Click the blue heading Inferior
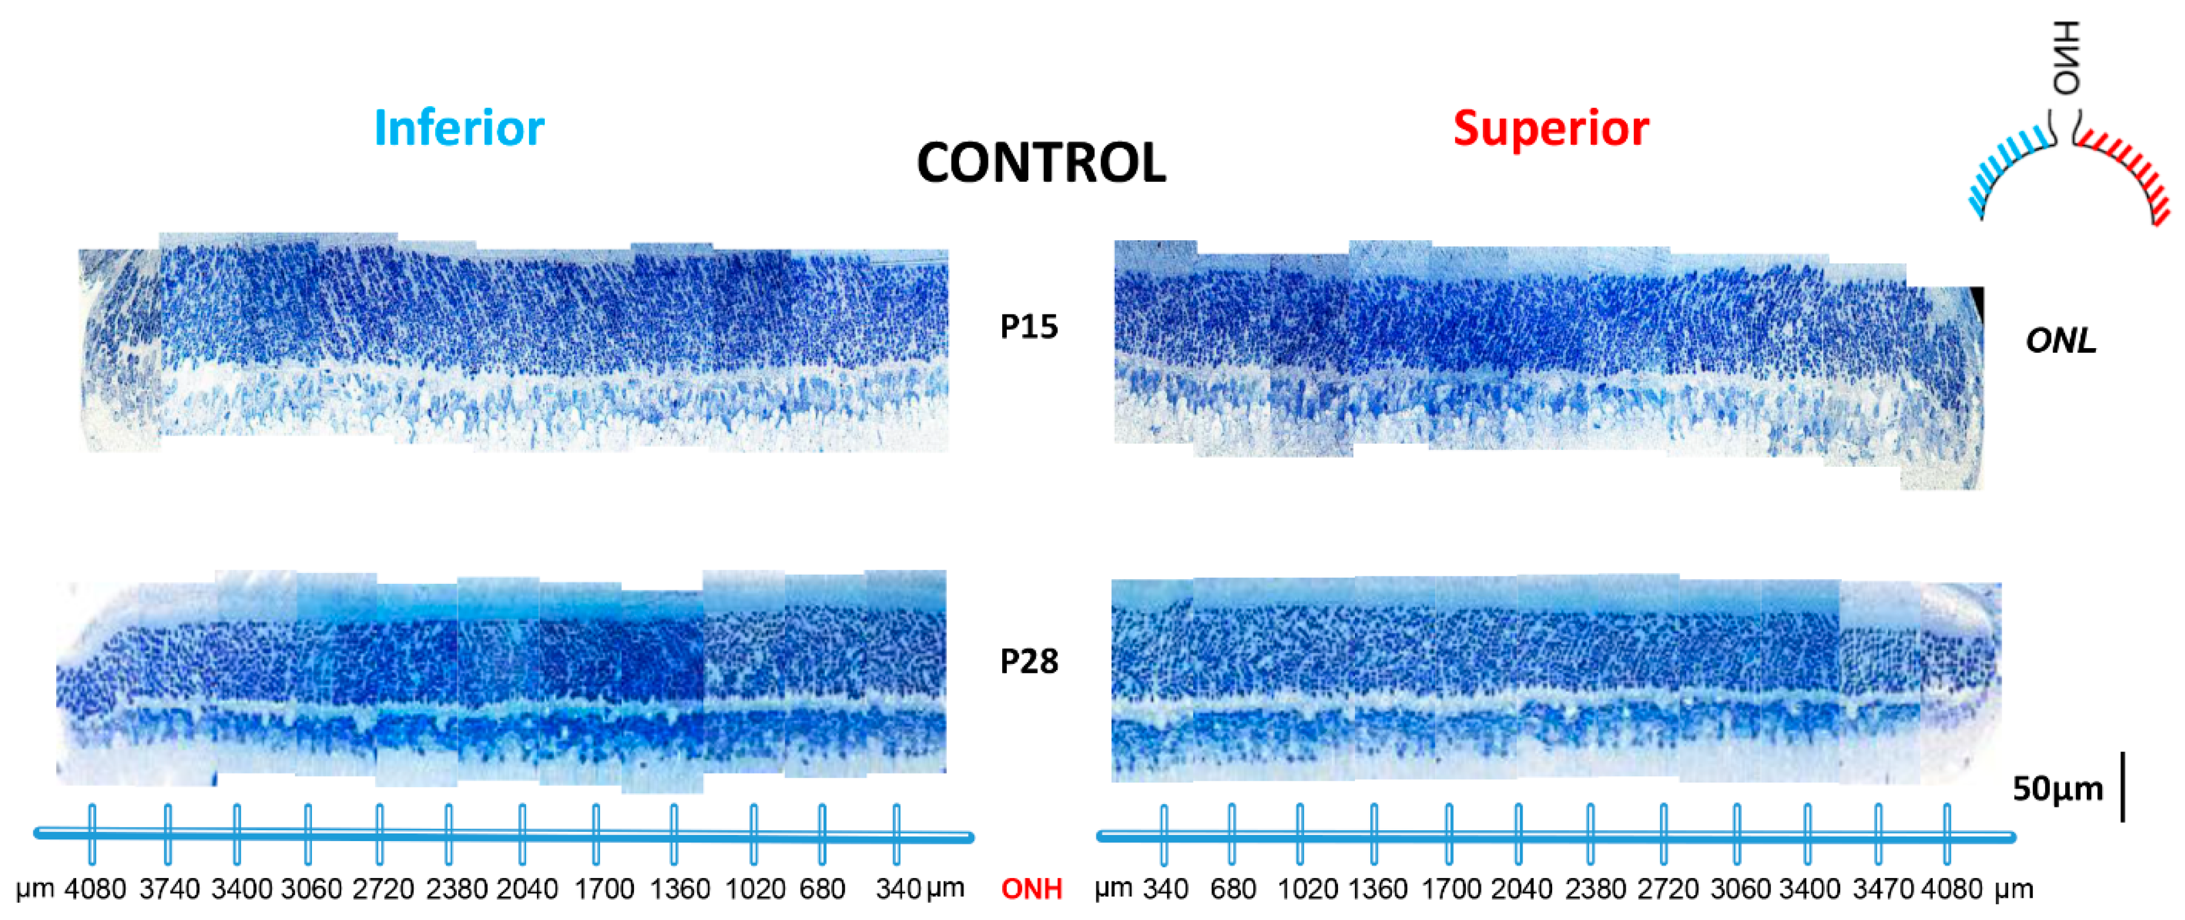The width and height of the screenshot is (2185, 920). (459, 128)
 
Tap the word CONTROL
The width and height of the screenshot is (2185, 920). (1041, 163)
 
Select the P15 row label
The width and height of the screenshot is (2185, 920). (1029, 327)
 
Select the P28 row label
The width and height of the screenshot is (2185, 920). (1029, 662)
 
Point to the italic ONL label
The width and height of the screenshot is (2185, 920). (2061, 341)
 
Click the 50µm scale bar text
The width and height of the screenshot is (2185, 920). (2058, 789)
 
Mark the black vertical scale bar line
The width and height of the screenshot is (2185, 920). (2123, 786)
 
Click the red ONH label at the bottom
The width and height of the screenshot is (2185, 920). (1032, 889)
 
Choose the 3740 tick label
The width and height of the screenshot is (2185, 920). (170, 889)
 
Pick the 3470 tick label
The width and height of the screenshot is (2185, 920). (1882, 889)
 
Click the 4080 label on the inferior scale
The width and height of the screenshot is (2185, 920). (95, 889)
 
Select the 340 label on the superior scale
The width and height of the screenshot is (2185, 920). (1165, 889)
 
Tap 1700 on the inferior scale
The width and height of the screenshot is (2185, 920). (604, 889)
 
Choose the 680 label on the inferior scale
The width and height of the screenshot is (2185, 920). (822, 889)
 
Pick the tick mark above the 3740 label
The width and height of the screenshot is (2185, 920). (168, 834)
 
